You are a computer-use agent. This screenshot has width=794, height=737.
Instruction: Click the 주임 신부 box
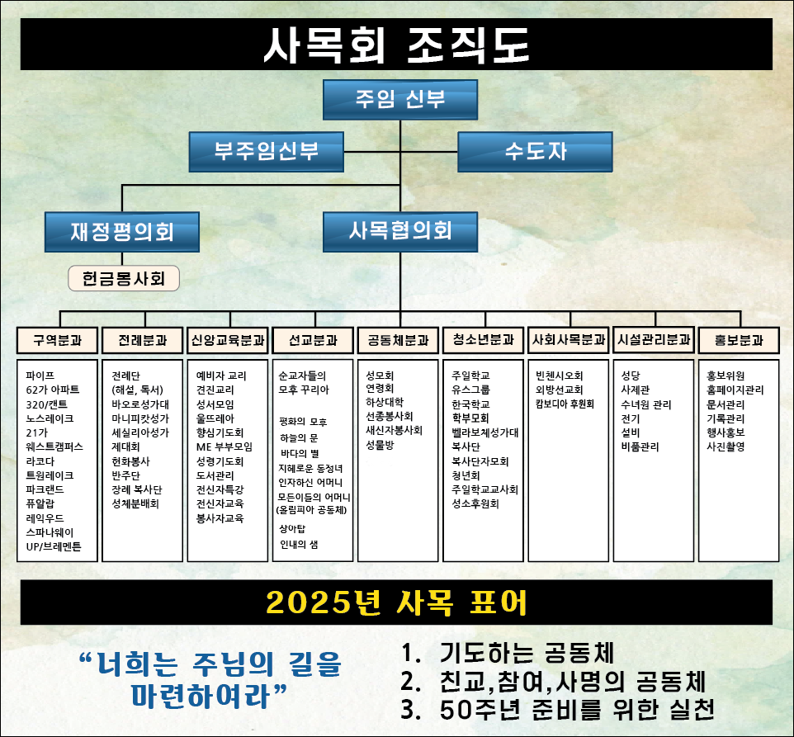tap(400, 100)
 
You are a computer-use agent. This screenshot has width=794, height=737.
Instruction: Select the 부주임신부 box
tap(267, 152)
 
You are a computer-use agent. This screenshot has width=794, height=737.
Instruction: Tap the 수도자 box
tap(535, 152)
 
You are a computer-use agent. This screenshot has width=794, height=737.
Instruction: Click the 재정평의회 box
tap(122, 232)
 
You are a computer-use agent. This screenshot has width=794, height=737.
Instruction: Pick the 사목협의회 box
tap(400, 232)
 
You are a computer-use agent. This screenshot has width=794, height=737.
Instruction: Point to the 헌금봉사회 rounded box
tap(124, 278)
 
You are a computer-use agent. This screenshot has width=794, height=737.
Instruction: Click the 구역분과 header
tap(57, 340)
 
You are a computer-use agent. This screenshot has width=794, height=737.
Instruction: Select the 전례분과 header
tap(142, 340)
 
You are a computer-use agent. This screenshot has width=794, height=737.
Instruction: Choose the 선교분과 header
tap(313, 340)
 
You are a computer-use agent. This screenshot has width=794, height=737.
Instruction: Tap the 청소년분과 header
tap(483, 340)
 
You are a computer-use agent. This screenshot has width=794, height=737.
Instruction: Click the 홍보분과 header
tap(739, 340)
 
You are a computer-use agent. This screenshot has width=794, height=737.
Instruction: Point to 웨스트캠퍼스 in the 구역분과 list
tap(54, 447)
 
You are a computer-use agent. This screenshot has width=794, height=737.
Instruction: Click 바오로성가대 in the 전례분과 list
tap(140, 404)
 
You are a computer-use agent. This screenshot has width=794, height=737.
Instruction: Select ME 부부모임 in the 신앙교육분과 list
tap(224, 447)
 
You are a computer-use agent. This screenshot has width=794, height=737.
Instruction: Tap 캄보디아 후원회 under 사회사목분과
tap(565, 404)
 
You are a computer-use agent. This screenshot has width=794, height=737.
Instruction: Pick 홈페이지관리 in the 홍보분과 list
tap(735, 390)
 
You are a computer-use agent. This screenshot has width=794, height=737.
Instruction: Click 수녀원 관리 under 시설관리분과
tap(646, 404)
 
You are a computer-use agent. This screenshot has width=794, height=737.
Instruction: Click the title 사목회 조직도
tap(396, 45)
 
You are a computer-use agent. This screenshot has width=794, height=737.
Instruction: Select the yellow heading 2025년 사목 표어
tap(396, 602)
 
